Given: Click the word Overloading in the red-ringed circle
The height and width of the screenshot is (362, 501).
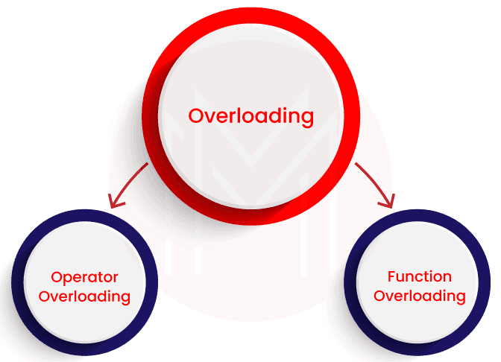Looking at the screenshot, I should (x=250, y=116).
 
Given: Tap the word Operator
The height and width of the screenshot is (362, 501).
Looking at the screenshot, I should (x=84, y=279).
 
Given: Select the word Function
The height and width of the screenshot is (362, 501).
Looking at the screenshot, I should (x=419, y=277).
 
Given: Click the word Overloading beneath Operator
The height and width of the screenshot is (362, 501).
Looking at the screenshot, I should (x=84, y=296).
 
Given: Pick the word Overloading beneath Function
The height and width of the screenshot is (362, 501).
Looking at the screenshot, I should (x=419, y=296).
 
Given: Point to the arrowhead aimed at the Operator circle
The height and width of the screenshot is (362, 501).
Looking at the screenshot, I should (x=113, y=200).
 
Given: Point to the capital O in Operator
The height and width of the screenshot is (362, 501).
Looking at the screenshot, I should (x=56, y=278).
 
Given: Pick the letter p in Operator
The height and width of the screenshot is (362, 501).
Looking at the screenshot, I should (x=66, y=280).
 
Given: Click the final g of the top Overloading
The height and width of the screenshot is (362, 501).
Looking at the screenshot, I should (x=306, y=118).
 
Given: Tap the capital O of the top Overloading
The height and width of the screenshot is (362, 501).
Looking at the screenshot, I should (x=196, y=116).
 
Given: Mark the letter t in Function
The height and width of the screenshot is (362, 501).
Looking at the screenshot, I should (x=429, y=276).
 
